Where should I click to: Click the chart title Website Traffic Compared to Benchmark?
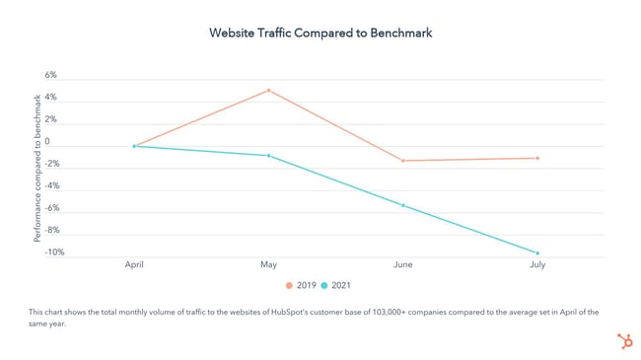[320, 33]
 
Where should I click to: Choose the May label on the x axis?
[268, 265]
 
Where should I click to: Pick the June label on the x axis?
[402, 265]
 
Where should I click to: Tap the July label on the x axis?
[537, 265]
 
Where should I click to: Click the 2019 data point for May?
[268, 91]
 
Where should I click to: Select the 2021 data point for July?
[537, 253]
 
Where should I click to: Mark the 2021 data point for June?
[402, 205]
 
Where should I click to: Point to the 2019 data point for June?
[402, 161]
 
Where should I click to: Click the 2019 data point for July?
[537, 158]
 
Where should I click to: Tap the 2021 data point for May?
[268, 156]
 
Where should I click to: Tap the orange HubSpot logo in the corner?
[622, 340]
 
